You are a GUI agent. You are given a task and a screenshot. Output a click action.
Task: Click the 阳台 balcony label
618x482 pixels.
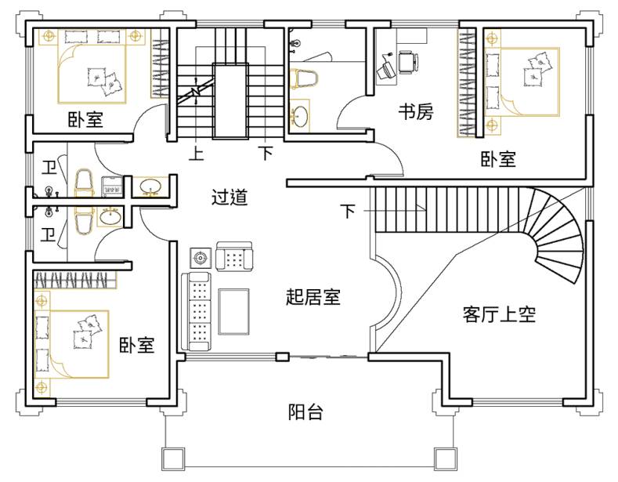(305, 411)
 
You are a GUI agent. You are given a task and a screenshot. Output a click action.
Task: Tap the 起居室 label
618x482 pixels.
(313, 296)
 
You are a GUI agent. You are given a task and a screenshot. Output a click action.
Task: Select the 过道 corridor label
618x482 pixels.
(229, 197)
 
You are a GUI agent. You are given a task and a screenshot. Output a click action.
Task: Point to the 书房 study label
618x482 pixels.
(416, 111)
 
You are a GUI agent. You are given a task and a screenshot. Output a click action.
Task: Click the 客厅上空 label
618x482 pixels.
(499, 314)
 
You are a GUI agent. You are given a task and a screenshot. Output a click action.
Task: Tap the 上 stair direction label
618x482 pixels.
(197, 153)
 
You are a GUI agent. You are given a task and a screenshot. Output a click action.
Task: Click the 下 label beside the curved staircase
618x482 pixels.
(348, 211)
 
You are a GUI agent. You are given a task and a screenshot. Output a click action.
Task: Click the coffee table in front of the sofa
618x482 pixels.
(233, 312)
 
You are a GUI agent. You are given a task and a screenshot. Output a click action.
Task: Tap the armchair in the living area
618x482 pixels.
(234, 256)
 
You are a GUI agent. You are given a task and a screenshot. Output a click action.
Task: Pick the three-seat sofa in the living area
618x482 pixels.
(197, 311)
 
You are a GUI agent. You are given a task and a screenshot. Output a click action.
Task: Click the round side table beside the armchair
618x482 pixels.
(201, 259)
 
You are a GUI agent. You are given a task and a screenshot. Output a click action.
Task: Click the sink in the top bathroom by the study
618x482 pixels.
(299, 115)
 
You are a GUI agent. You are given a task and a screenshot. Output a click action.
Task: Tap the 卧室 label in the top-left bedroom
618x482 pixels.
(85, 119)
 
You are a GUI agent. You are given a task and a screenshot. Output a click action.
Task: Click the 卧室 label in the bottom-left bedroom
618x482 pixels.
(137, 345)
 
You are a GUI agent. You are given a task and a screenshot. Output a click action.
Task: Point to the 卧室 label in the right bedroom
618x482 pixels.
(498, 159)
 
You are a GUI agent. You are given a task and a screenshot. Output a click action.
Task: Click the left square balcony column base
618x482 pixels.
(173, 459)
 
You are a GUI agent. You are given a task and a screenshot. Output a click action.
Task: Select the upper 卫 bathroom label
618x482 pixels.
(49, 167)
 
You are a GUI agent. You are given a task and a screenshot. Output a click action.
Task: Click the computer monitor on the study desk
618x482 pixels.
(385, 70)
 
